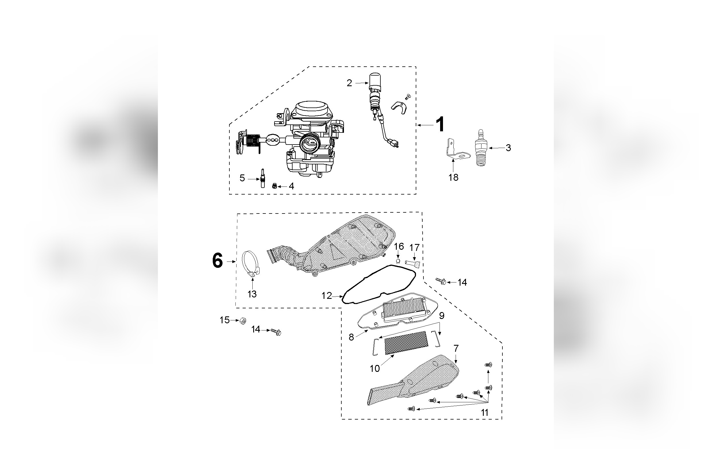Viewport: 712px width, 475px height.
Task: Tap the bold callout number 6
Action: coord(217,261)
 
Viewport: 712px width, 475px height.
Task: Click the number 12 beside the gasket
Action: coord(326,296)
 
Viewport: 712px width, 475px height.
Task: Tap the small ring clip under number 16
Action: coord(398,261)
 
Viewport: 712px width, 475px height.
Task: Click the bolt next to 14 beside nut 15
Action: coord(276,332)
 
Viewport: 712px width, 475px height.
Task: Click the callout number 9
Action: coord(442,316)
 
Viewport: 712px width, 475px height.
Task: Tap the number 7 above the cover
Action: coord(456,349)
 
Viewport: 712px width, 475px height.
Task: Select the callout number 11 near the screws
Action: coord(484,413)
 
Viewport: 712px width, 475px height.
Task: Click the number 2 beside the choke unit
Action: coord(349,83)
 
